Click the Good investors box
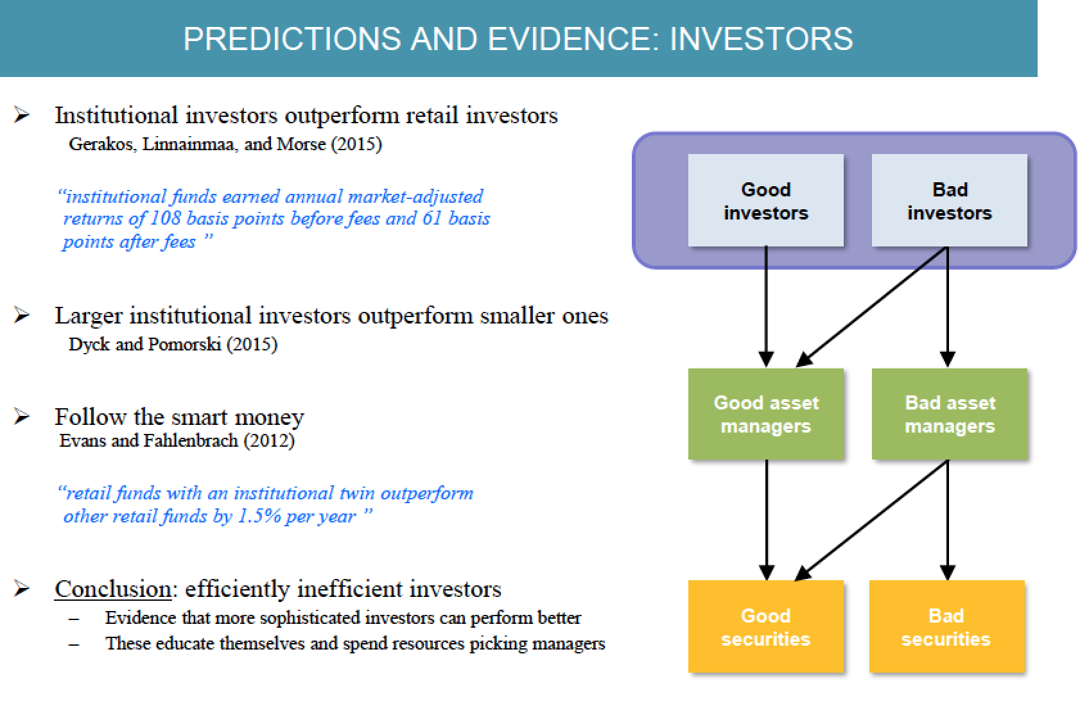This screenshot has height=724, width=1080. [x=765, y=200]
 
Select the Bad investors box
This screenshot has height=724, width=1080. [x=949, y=200]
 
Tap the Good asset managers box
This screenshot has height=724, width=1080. [x=765, y=414]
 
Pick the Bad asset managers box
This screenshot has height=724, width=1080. [x=949, y=414]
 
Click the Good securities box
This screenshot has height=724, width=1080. [x=765, y=626]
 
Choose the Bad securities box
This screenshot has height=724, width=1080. [x=946, y=626]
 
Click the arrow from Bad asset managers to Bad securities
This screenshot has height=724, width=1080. [x=948, y=521]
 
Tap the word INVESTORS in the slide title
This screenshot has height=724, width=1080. [x=762, y=39]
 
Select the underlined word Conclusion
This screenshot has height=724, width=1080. [x=113, y=589]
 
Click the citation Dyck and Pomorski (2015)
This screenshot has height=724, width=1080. [x=173, y=344]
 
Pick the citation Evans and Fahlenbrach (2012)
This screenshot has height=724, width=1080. [x=177, y=440]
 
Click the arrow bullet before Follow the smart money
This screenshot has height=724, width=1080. [x=22, y=417]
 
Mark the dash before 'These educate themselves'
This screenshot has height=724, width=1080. [x=74, y=644]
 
